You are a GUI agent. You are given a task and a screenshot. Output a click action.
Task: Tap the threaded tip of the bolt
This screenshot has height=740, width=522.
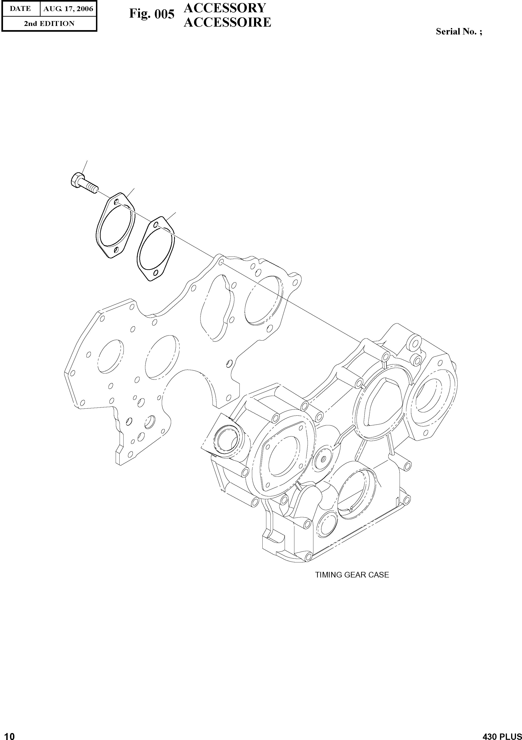click(94, 188)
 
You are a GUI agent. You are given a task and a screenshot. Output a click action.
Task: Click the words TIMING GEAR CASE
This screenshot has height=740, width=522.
click(352, 575)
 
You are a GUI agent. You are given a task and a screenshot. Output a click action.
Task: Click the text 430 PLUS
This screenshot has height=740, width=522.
click(502, 734)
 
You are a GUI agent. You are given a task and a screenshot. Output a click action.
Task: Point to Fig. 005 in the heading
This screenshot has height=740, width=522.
click(152, 14)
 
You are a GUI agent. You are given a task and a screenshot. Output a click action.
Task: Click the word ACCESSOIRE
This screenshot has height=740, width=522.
click(227, 22)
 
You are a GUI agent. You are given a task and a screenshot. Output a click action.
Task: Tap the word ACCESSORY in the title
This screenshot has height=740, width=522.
click(225, 8)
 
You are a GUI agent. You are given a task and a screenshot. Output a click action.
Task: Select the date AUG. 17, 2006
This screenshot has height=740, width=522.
click(68, 9)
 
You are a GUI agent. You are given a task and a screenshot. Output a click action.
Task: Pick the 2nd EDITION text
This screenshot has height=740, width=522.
click(49, 24)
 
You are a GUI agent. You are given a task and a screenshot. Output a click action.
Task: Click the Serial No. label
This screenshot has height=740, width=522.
click(458, 31)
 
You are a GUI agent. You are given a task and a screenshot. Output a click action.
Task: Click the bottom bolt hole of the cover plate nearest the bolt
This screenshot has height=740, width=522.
click(116, 249)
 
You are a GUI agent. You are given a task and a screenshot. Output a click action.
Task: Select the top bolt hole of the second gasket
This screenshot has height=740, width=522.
click(156, 225)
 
